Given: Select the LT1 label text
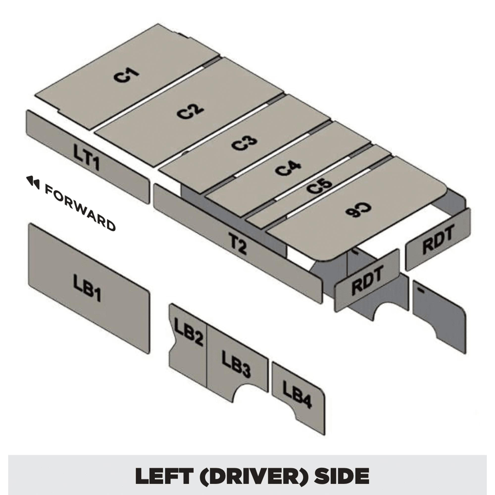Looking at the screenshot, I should click(86, 157).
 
